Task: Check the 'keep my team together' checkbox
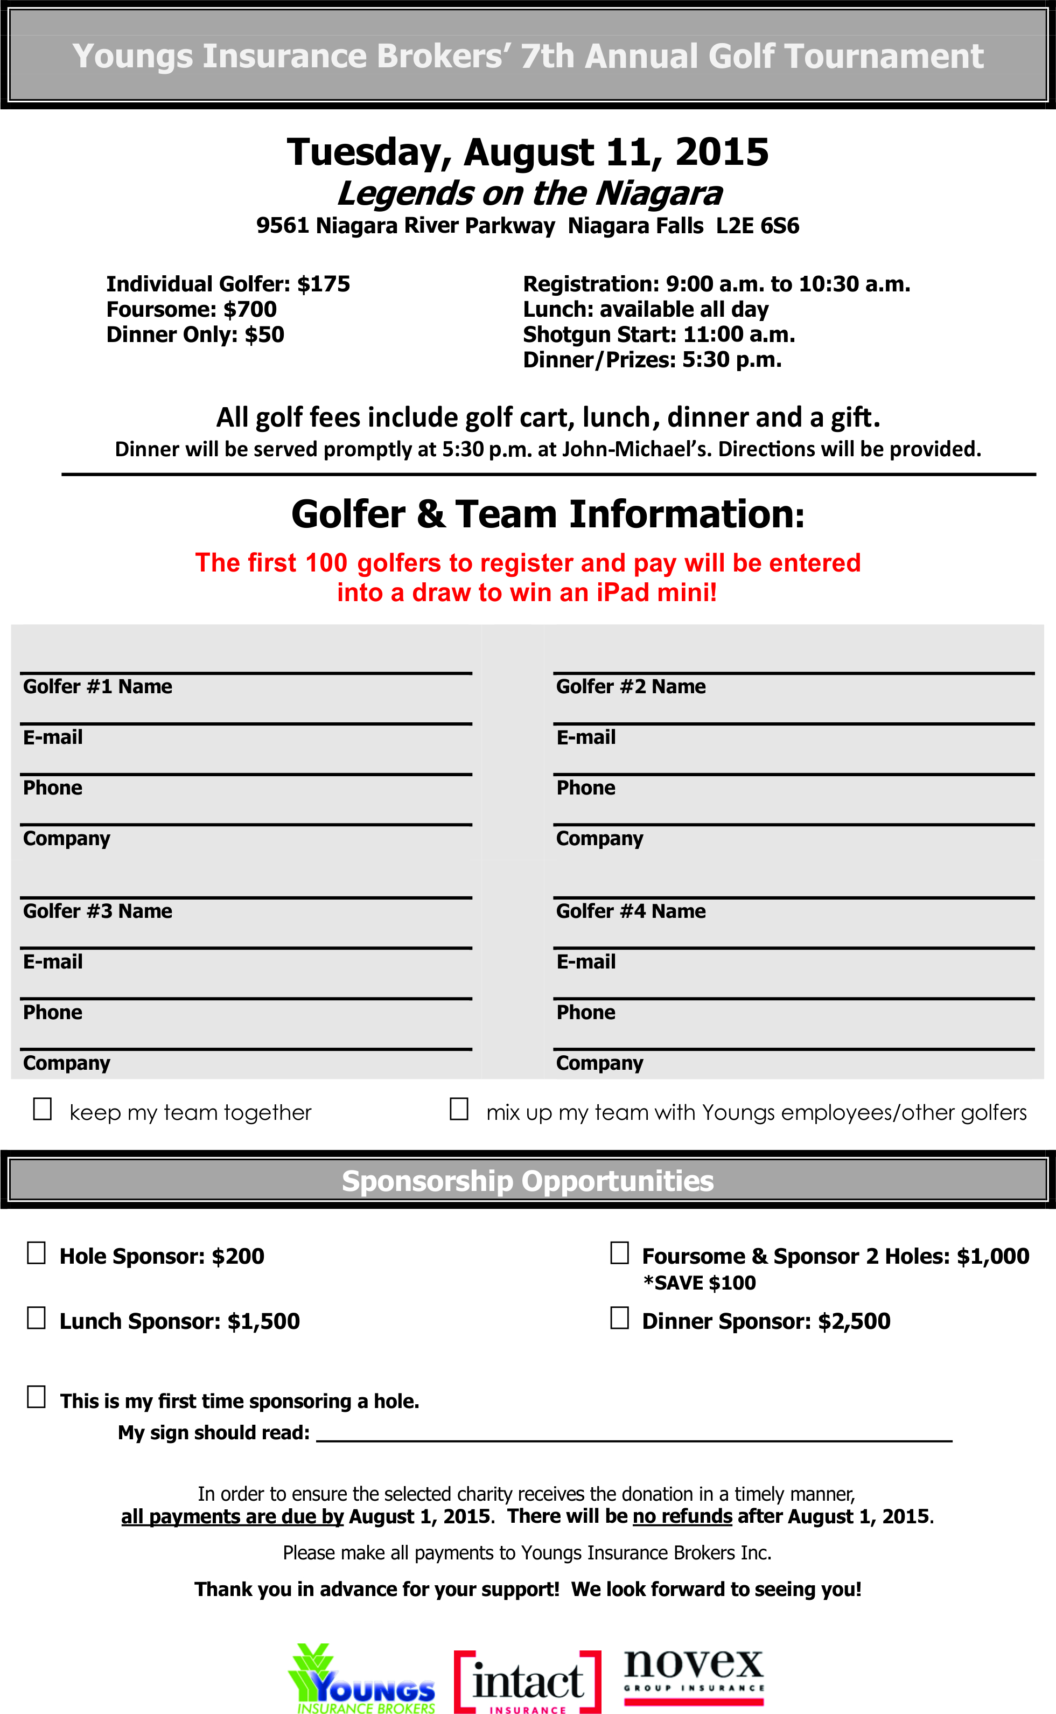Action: click(43, 1109)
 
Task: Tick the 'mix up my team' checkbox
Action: click(459, 1109)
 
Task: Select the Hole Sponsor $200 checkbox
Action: click(36, 1252)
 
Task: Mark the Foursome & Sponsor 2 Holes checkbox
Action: click(619, 1252)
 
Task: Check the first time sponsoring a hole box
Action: click(36, 1397)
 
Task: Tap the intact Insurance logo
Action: click(527, 1682)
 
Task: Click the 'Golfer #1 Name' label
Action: click(98, 687)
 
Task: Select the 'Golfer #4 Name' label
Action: click(631, 911)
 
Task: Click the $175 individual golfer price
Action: click(323, 284)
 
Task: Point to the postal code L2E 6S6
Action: click(758, 226)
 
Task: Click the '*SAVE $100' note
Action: click(700, 1283)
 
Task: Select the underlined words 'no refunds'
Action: click(682, 1516)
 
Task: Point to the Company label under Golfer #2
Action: click(599, 838)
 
